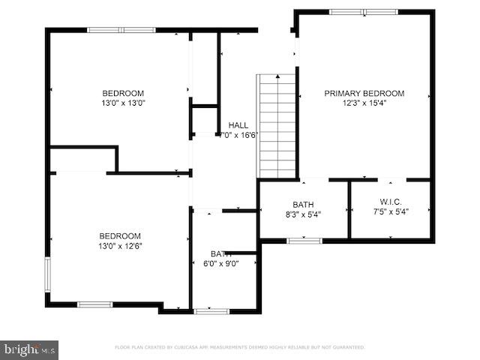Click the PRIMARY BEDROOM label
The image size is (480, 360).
tap(364, 94)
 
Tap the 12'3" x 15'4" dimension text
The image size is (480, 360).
tap(364, 103)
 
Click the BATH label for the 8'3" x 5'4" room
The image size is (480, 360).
tap(304, 204)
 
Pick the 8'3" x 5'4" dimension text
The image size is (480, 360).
tap(304, 214)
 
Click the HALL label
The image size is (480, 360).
tap(238, 125)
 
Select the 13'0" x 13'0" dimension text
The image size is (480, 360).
tap(123, 103)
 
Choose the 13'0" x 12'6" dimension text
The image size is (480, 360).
tap(120, 245)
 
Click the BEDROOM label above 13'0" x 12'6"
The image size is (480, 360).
tap(120, 235)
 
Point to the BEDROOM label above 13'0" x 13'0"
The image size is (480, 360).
tap(123, 94)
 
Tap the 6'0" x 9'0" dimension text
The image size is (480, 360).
tap(220, 264)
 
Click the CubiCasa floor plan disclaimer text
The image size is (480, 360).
tap(240, 347)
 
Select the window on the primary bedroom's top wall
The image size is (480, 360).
tap(364, 12)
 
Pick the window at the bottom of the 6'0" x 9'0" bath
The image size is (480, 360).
tap(212, 310)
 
